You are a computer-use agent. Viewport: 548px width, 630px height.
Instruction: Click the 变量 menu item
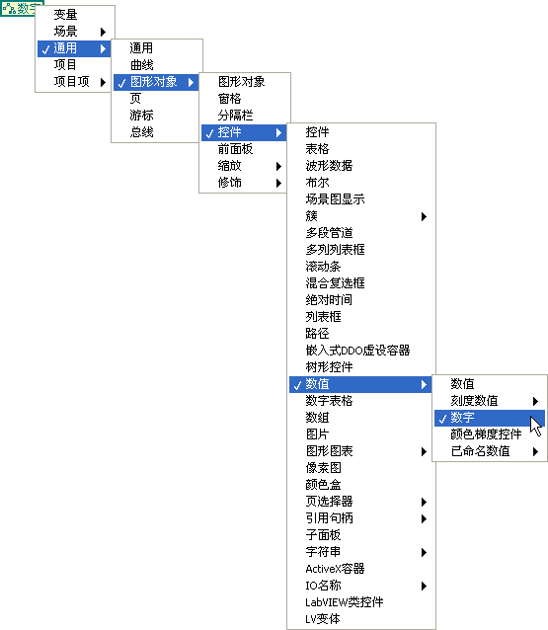point(65,15)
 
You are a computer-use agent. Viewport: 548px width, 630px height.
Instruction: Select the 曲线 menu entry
point(141,65)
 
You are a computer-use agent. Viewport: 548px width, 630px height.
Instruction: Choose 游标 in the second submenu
point(141,116)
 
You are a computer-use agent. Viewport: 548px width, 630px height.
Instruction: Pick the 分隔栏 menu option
point(235,116)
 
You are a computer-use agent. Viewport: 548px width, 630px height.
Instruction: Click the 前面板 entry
point(235,149)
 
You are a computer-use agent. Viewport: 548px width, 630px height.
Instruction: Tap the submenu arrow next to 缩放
point(278,166)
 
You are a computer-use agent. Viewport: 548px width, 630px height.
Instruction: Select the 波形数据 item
point(329,166)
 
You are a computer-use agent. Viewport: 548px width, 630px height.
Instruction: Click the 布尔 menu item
point(317,183)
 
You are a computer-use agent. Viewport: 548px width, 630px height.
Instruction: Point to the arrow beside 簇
point(424,216)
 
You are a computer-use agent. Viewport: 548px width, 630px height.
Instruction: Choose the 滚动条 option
point(323,267)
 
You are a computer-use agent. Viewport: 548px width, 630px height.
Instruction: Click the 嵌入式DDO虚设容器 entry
point(357,351)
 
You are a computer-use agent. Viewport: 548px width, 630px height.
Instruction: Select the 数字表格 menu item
point(329,401)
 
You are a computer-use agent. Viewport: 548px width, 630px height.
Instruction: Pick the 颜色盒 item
point(323,485)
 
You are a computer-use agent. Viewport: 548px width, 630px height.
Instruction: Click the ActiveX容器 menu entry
point(335,569)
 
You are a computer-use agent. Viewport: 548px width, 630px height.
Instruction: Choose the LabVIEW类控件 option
point(345,602)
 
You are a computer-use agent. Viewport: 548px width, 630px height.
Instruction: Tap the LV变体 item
point(323,619)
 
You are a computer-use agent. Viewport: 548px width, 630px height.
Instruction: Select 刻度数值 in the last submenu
point(474,401)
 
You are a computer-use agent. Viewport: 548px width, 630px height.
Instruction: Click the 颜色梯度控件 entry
point(486,434)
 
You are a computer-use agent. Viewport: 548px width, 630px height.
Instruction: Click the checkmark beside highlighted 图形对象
point(122,83)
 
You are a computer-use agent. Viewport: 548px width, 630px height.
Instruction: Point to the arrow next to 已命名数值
point(535,451)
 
